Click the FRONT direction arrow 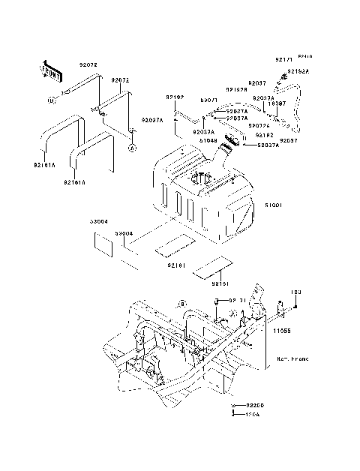tap(51, 70)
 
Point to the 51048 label tap(209, 139)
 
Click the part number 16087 tap(277, 103)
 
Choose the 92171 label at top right tap(282, 58)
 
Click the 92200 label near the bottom tap(255, 405)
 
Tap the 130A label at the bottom tap(252, 413)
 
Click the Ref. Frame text tap(292, 359)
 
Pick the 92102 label tap(175, 97)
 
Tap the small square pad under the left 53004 tap(98, 243)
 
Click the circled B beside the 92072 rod tap(52, 100)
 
